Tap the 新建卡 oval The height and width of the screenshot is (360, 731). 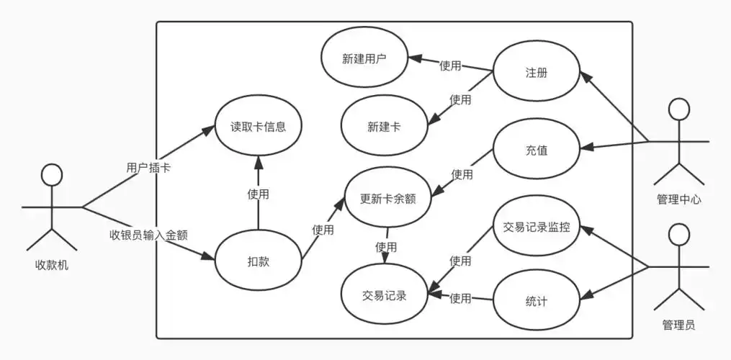click(x=384, y=127)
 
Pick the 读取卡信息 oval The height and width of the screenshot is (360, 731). click(x=258, y=127)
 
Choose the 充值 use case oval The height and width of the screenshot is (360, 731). click(x=536, y=150)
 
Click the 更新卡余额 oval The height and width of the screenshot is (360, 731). click(x=390, y=196)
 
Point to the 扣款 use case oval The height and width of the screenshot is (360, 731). click(x=258, y=261)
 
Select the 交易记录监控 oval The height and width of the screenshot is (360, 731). click(x=536, y=228)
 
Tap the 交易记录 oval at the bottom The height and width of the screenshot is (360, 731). click(x=384, y=294)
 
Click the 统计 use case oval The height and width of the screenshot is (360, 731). click(x=536, y=301)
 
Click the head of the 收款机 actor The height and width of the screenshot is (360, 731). click(x=50, y=176)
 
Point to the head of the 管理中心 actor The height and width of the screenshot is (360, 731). click(x=678, y=109)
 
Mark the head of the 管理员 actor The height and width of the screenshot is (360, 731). click(x=678, y=235)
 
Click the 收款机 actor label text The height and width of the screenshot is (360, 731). click(x=51, y=265)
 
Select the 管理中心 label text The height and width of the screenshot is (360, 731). click(x=678, y=199)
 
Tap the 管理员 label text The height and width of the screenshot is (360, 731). click(x=678, y=325)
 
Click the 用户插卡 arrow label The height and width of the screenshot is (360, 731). click(x=148, y=168)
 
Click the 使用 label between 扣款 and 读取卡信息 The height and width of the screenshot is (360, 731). click(x=258, y=194)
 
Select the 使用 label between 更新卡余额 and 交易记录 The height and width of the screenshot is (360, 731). click(x=385, y=246)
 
